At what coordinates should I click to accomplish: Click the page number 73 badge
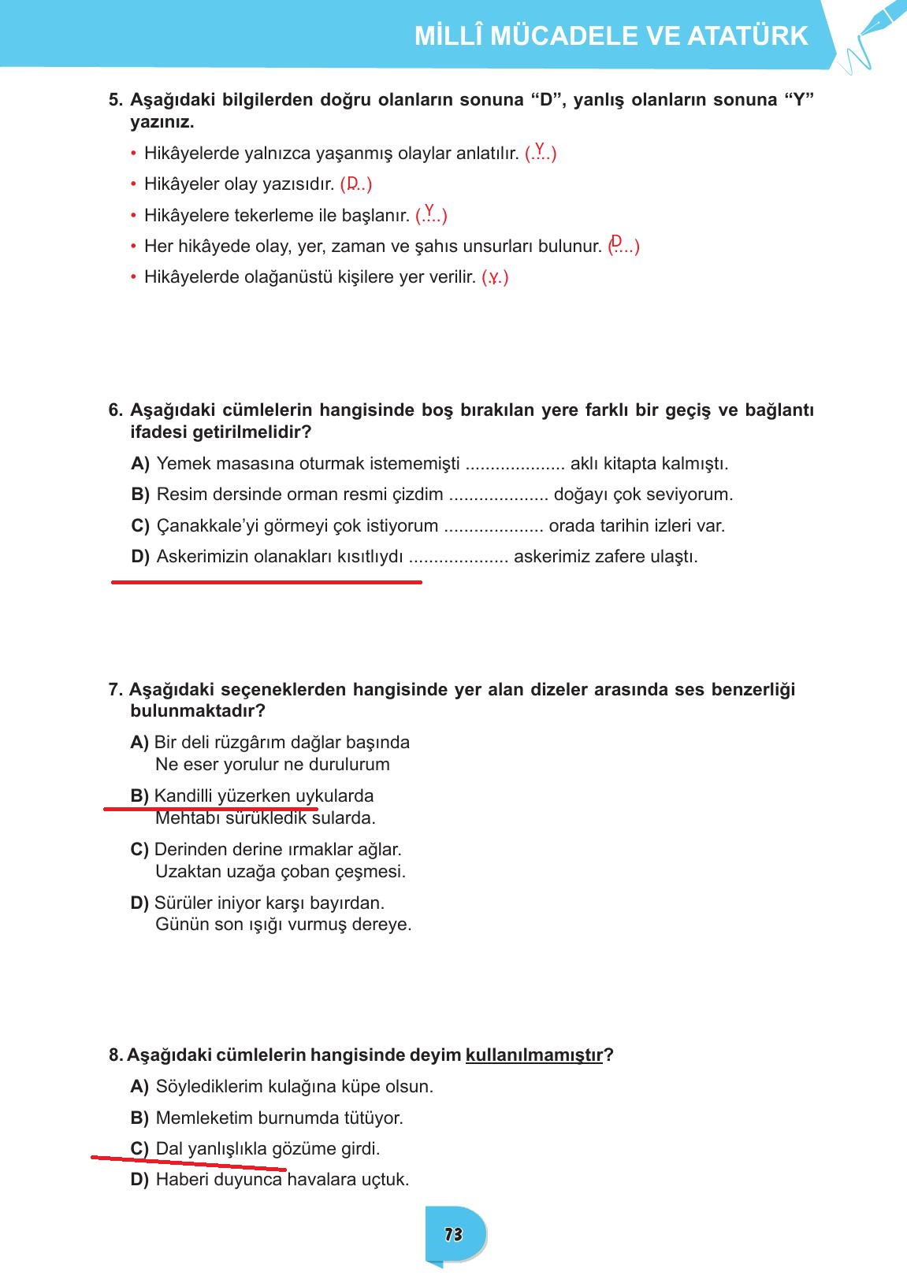[453, 1234]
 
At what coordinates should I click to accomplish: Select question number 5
[116, 101]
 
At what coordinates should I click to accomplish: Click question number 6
[116, 410]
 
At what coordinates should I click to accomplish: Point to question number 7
[116, 690]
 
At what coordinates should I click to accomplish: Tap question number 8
[116, 1055]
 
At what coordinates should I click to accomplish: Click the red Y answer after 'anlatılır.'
[540, 148]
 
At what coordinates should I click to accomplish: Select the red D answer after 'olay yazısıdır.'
[353, 182]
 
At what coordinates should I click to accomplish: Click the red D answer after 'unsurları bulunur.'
[616, 240]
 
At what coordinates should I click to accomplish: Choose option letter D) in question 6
[140, 557]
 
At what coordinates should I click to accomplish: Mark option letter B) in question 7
[139, 796]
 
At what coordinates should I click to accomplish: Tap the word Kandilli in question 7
[183, 796]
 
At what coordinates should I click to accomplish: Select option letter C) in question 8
[139, 1149]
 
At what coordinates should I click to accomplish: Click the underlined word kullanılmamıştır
[534, 1055]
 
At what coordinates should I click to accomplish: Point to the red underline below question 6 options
[266, 582]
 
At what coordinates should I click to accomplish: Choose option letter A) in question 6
[140, 464]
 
